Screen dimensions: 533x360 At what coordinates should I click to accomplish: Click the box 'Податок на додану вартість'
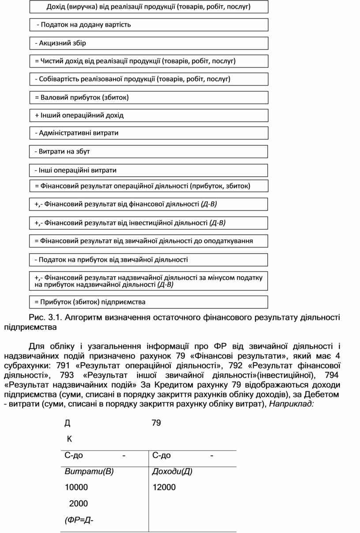pyautogui.click(x=149, y=25)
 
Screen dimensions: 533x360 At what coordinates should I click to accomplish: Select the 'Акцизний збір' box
pyautogui.click(x=149, y=43)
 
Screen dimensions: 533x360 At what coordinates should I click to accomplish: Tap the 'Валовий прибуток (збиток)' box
pyautogui.click(x=149, y=98)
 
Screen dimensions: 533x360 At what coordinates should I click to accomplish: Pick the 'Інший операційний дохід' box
pyautogui.click(x=149, y=116)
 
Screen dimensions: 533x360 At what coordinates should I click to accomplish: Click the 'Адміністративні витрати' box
pyautogui.click(x=149, y=133)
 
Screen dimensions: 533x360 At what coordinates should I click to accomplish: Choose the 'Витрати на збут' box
pyautogui.click(x=149, y=151)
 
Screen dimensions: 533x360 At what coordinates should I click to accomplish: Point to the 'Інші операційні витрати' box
pyautogui.click(x=149, y=170)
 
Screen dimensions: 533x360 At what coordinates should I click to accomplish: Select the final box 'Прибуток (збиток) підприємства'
pyautogui.click(x=149, y=302)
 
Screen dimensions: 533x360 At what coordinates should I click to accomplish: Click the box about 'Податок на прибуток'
pyautogui.click(x=149, y=260)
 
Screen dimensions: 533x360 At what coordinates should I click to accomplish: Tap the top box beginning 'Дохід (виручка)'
pyautogui.click(x=149, y=7)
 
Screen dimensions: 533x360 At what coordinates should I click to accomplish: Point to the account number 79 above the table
pyautogui.click(x=156, y=424)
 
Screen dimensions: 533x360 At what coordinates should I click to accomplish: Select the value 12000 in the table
pyautogui.click(x=164, y=488)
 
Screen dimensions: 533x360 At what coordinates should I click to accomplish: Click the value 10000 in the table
pyautogui.click(x=76, y=488)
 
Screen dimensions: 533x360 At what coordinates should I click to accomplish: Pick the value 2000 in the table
pyautogui.click(x=79, y=503)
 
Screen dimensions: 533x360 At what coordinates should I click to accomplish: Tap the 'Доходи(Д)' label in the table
pyautogui.click(x=172, y=472)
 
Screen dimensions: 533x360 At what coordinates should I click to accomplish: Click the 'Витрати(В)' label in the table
pyautogui.click(x=89, y=472)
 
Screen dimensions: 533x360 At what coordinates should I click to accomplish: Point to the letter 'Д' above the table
pyautogui.click(x=67, y=424)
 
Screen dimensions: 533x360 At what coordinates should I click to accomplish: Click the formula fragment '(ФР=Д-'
pyautogui.click(x=79, y=520)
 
